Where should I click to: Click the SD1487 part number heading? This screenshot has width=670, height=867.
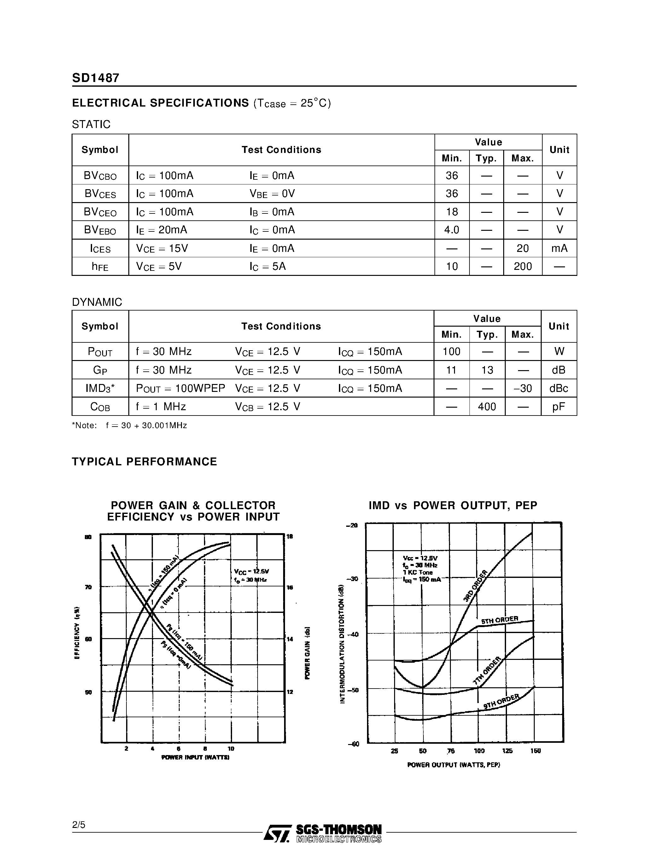96,78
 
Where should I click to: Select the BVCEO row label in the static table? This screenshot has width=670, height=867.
100,212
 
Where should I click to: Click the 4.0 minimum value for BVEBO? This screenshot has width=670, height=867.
452,230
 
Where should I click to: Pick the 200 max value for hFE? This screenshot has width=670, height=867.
523,266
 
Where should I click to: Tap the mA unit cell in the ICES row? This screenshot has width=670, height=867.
559,248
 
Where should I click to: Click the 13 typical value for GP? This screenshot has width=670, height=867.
487,370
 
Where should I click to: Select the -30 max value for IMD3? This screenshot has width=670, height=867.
523,388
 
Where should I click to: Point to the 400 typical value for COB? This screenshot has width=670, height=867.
487,406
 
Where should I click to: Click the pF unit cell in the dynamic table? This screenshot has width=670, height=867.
558,406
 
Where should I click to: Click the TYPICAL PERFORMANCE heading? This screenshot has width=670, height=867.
144,462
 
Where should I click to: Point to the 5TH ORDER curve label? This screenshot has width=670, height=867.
500,620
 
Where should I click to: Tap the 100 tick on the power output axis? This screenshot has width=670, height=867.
479,751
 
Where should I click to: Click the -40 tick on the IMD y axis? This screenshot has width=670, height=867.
352,634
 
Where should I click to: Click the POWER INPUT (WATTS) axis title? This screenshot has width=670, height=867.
195,757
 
